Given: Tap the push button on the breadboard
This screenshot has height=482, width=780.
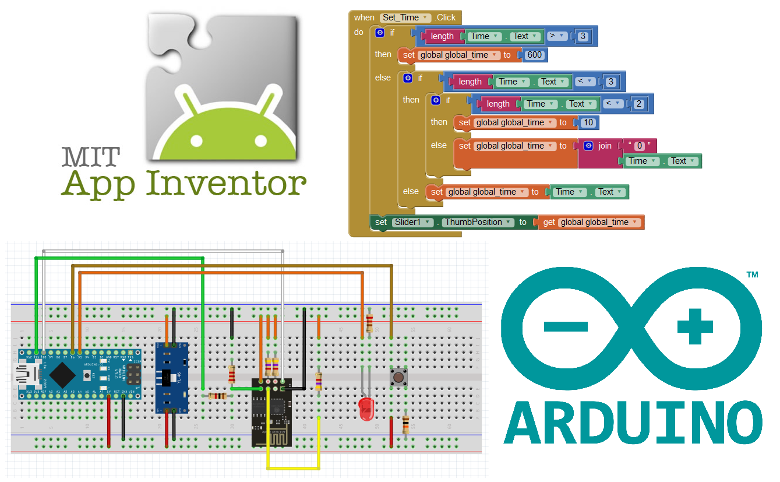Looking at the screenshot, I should pos(398,377).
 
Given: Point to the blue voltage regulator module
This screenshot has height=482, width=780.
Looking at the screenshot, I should pos(172,377).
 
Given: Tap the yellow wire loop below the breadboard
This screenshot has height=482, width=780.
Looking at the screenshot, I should pos(293,467).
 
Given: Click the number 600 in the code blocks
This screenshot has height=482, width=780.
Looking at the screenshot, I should pos(534,55).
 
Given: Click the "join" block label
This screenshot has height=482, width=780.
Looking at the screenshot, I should pos(605,146).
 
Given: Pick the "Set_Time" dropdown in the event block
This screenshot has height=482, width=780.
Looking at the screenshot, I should pos(405,17).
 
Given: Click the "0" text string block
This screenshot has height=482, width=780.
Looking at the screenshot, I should pos(638,145).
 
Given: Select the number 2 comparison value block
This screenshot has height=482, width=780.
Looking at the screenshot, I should pos(638,104).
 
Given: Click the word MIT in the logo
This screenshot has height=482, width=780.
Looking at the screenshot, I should pos(90,156).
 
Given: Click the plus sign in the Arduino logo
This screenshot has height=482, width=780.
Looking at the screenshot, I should pos(695,326).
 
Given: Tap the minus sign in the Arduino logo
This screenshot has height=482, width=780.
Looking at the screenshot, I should pos(566,326).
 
